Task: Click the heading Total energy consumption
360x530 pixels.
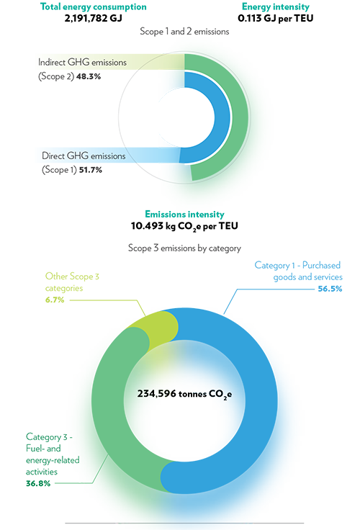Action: point(94,6)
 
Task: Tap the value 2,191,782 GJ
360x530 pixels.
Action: point(94,18)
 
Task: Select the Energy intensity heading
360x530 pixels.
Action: point(276,6)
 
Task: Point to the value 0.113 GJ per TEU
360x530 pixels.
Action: point(276,18)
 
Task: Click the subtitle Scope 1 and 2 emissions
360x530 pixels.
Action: point(184,32)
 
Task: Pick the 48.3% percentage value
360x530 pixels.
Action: point(89,76)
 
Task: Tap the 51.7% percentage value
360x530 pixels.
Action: point(91,170)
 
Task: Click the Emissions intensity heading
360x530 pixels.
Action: point(184,215)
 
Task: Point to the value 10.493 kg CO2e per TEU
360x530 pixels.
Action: point(184,226)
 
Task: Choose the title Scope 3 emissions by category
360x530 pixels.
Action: point(184,248)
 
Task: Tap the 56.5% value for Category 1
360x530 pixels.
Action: point(330,289)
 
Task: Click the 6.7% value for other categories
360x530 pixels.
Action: point(55,300)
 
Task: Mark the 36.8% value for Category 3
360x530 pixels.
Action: point(38,483)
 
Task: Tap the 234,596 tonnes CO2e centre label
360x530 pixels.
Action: point(184,394)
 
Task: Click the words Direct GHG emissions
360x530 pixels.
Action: point(84,156)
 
